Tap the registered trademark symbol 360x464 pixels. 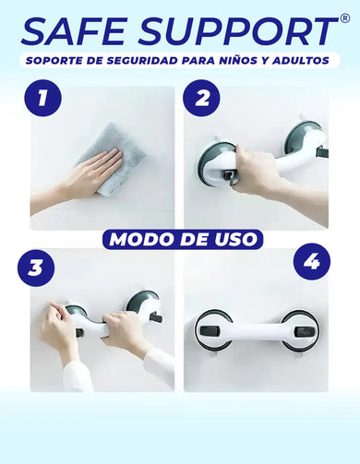[345, 19]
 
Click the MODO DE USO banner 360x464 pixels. [181, 239]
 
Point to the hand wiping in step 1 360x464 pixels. [92, 175]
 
